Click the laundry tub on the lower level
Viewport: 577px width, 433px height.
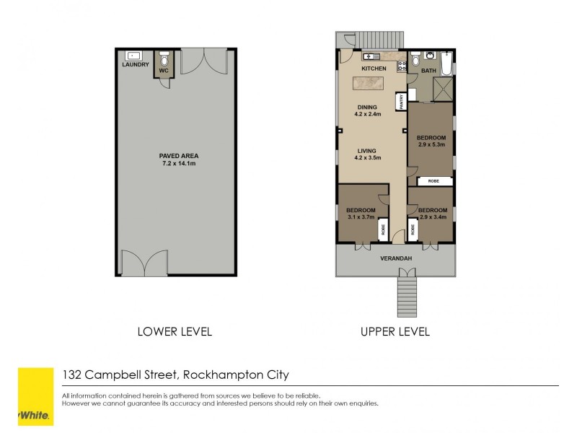point(133,55)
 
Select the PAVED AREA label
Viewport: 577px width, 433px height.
point(179,156)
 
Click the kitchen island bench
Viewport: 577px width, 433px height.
point(371,84)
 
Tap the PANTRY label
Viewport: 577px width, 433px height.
point(399,102)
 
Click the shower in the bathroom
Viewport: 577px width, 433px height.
point(442,89)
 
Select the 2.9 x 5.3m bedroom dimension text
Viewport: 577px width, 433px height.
point(431,144)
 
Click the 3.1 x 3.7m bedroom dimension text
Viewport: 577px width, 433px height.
point(361,216)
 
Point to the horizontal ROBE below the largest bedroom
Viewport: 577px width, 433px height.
point(433,180)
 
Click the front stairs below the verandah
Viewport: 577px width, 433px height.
point(407,296)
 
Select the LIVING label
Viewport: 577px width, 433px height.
point(366,150)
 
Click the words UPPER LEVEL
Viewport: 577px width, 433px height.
point(395,332)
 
